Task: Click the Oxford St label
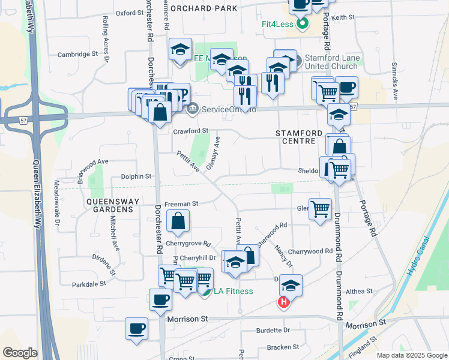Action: coord(130,12)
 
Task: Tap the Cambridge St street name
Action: coord(77,54)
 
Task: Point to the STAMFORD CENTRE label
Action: coord(295,136)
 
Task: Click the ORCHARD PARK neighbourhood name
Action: coord(203,8)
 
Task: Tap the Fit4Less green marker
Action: coord(303,24)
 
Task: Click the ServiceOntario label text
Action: coord(229,110)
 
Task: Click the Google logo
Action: coord(20,353)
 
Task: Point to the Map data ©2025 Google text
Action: coord(412,355)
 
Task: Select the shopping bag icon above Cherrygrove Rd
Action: coord(179,221)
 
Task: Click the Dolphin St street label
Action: coord(136,176)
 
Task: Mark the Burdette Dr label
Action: coord(273,330)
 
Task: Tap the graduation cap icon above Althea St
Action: coord(291,286)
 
